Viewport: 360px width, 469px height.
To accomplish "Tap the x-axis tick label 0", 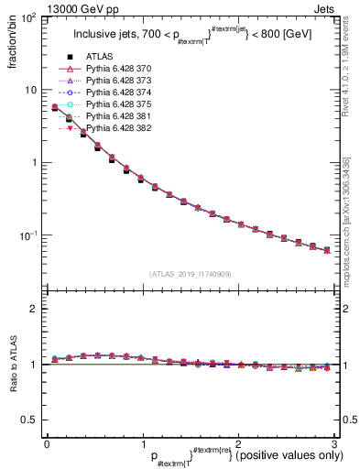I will click(x=47, y=442).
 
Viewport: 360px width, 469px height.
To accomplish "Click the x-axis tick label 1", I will click(x=142, y=442).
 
